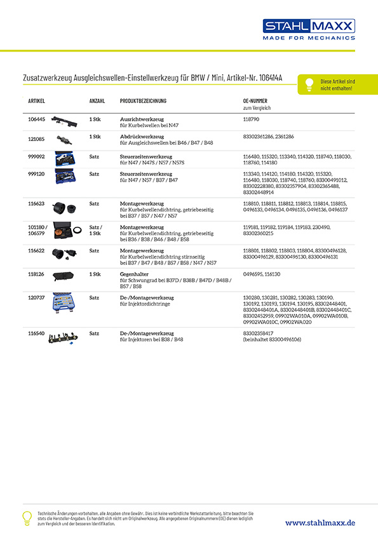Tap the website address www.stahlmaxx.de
point(320,522)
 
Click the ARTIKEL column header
point(36,102)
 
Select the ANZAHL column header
point(97,102)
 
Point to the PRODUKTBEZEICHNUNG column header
point(143,102)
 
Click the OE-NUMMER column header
point(255,102)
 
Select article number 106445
point(36,119)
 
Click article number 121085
point(36,137)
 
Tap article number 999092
point(36,156)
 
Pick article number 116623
point(36,204)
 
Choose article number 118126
point(36,274)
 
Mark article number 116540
point(36,333)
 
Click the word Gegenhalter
point(135,274)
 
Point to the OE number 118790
point(252,119)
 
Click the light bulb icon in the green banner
point(309,83)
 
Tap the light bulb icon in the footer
point(27,517)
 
